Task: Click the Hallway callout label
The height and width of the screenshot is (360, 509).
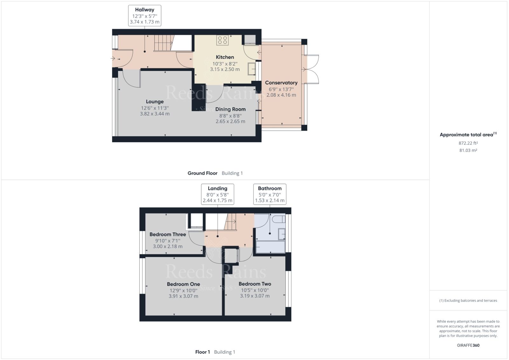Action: [144, 10]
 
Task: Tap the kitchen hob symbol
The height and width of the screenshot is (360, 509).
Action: [222, 40]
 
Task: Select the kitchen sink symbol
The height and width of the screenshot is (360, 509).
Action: [252, 69]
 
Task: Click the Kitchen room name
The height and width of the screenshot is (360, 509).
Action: [225, 57]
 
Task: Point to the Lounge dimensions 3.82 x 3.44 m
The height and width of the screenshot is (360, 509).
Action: [155, 114]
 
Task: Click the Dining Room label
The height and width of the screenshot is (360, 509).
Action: [230, 109]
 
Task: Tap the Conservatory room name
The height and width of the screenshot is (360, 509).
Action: [281, 83]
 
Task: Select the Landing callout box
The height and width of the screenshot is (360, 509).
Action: [218, 194]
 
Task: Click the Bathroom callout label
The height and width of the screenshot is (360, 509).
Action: [269, 188]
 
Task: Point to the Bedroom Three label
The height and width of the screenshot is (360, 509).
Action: [168, 234]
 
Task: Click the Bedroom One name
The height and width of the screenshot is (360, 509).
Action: [183, 284]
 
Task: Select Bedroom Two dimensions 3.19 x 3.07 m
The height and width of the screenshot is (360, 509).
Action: [254, 296]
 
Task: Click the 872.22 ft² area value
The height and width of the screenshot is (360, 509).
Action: [468, 143]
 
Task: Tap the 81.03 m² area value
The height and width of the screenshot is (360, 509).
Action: [468, 150]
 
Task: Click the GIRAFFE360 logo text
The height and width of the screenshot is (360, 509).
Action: [468, 345]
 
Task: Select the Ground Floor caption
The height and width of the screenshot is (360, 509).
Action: [202, 173]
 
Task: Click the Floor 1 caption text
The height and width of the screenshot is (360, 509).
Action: [202, 352]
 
